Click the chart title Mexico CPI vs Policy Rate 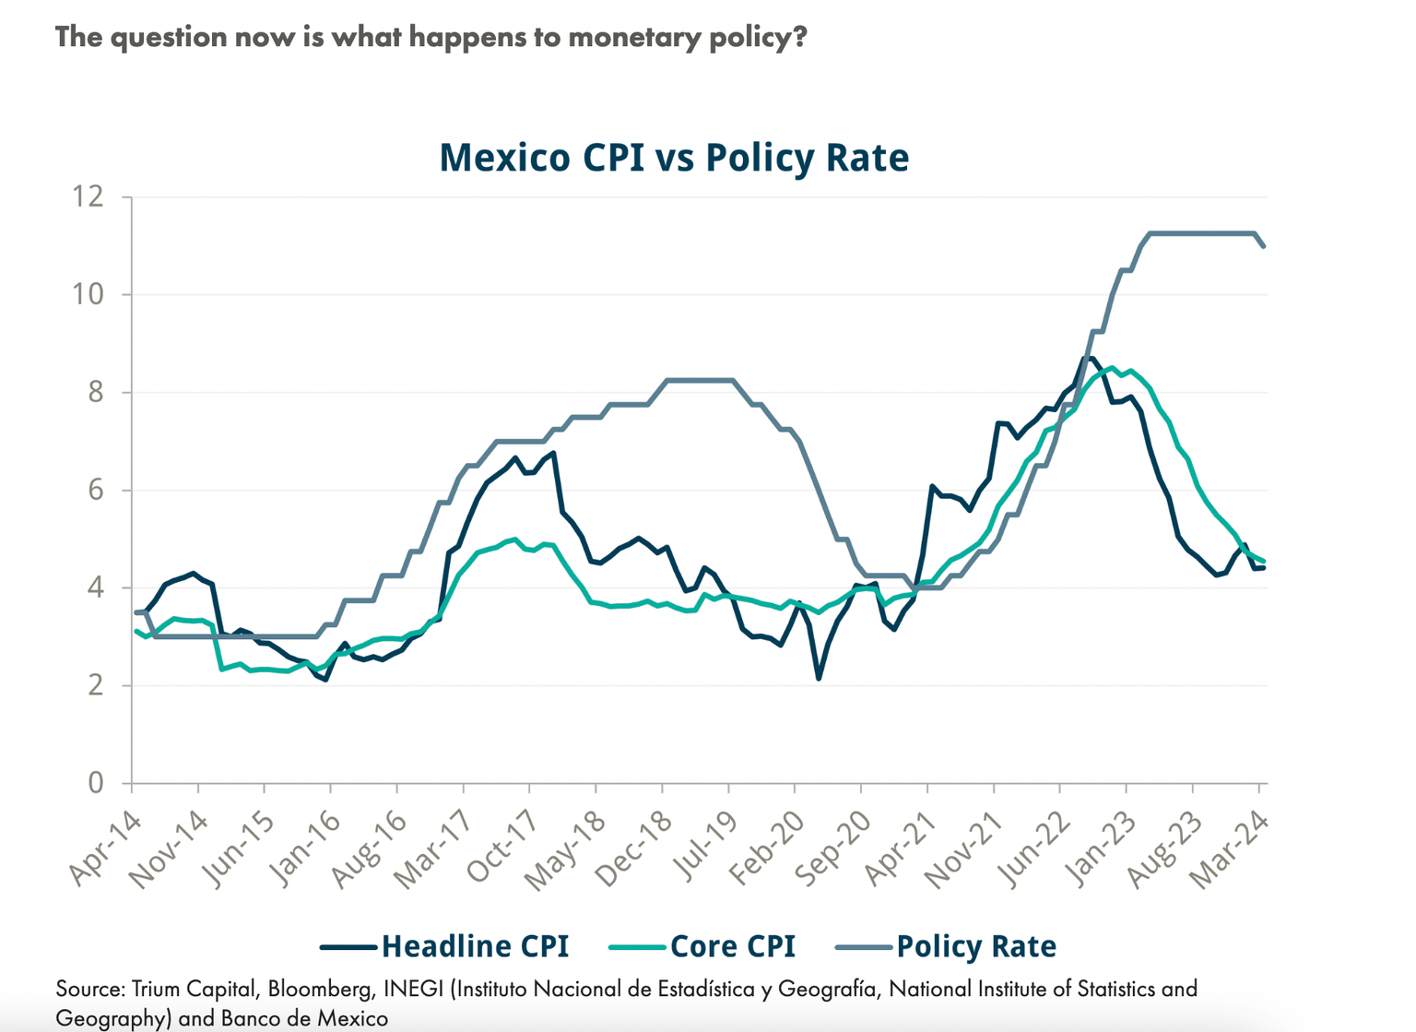tap(674, 157)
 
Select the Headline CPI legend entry tap(475, 946)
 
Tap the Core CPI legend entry tap(732, 946)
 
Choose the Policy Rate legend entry tap(975, 946)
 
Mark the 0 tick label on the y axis tap(97, 783)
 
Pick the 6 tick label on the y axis tap(97, 491)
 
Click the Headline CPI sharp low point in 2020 tap(819, 678)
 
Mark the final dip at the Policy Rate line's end tap(1263, 245)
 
